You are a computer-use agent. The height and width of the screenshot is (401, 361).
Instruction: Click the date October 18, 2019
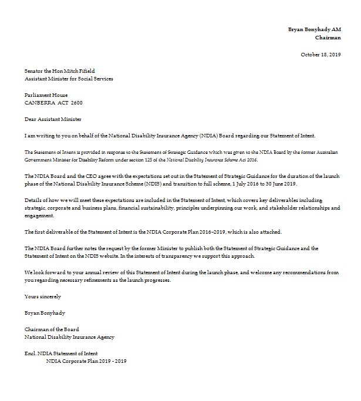[320, 54]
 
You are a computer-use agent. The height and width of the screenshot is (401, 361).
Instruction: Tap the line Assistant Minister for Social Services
[69, 78]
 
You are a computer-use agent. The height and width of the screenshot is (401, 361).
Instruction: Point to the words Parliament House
[46, 95]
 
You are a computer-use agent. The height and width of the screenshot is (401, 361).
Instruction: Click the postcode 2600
[77, 102]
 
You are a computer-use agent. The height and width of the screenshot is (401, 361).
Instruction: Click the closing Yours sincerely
[42, 296]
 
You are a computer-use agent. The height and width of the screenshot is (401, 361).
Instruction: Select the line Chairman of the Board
[52, 329]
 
